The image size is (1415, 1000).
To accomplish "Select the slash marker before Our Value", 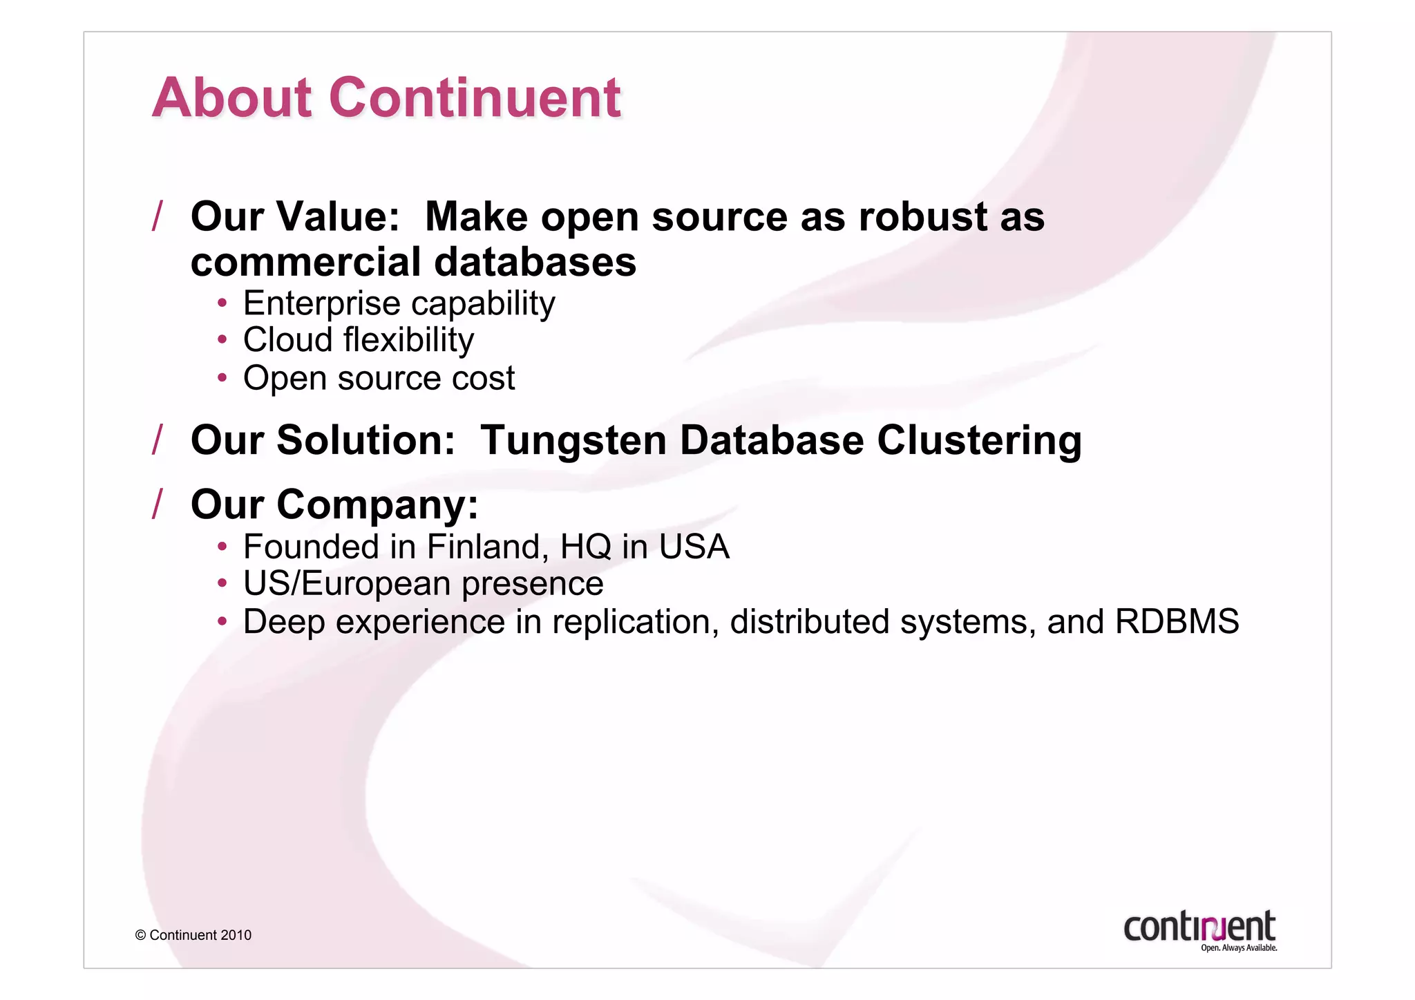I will (158, 216).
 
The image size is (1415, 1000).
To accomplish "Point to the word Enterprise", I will (321, 303).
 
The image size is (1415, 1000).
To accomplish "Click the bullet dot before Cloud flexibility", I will (222, 340).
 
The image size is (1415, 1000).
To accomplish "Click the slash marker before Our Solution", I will (158, 440).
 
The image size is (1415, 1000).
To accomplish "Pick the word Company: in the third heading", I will (377, 504).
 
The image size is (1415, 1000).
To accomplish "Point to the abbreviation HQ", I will (585, 547).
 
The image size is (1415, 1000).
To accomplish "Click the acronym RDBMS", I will (1177, 621).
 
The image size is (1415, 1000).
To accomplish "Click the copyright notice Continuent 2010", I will (193, 935).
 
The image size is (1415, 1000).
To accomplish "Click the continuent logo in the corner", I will (1199, 926).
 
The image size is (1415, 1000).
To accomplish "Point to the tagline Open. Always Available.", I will (1238, 948).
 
